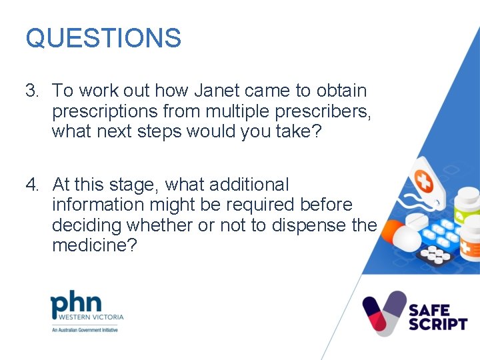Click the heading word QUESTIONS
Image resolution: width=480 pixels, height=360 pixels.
tap(103, 38)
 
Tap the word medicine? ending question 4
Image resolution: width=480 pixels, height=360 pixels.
tap(95, 246)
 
